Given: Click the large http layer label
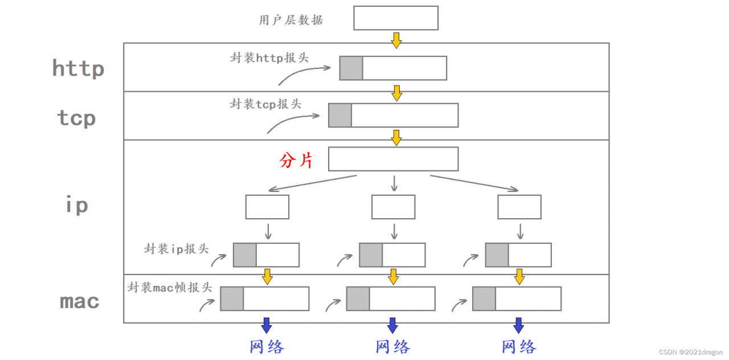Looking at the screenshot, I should (x=78, y=68).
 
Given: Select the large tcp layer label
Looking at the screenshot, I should (x=76, y=118).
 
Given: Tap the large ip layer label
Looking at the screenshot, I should (x=76, y=204).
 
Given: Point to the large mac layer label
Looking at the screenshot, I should (x=79, y=301).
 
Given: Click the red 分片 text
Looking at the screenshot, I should (x=296, y=161).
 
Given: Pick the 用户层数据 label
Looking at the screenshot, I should (x=290, y=21).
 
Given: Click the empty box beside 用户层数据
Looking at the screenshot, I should (x=395, y=18).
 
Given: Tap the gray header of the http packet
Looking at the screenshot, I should (x=351, y=68).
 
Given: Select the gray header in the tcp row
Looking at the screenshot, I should (x=339, y=115).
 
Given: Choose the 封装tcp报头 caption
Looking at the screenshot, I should (x=265, y=104).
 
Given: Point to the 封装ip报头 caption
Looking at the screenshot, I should (x=177, y=249).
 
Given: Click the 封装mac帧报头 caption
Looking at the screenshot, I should (x=170, y=288).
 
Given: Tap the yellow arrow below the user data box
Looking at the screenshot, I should (x=396, y=40).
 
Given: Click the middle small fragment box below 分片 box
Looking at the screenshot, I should (x=393, y=207).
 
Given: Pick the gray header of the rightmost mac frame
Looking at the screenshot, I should (x=484, y=298).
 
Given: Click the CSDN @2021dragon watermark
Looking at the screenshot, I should (x=690, y=352).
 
